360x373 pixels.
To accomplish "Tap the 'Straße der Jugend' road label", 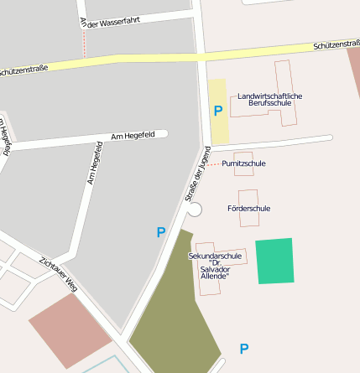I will (x=196, y=174).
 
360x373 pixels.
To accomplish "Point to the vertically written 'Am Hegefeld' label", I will (x=94, y=163).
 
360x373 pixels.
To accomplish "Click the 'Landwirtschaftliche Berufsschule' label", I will (x=269, y=99).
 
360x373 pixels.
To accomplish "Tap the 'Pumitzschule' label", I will (x=243, y=163).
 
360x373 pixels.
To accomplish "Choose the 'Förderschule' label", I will (x=248, y=207).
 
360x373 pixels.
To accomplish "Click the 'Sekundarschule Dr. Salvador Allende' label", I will (x=215, y=265).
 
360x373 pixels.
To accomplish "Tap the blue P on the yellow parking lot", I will (x=218, y=111).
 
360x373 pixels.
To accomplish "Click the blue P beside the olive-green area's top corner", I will (x=161, y=232).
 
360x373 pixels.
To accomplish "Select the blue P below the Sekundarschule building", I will (x=244, y=349).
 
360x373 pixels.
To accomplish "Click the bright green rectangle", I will (x=275, y=261).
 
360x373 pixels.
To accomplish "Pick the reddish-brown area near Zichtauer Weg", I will (x=70, y=329).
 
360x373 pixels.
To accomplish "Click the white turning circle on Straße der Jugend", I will (x=195, y=210).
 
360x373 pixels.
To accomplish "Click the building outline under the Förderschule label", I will (x=249, y=220).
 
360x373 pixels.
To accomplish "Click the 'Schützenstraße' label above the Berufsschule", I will (x=336, y=44).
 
